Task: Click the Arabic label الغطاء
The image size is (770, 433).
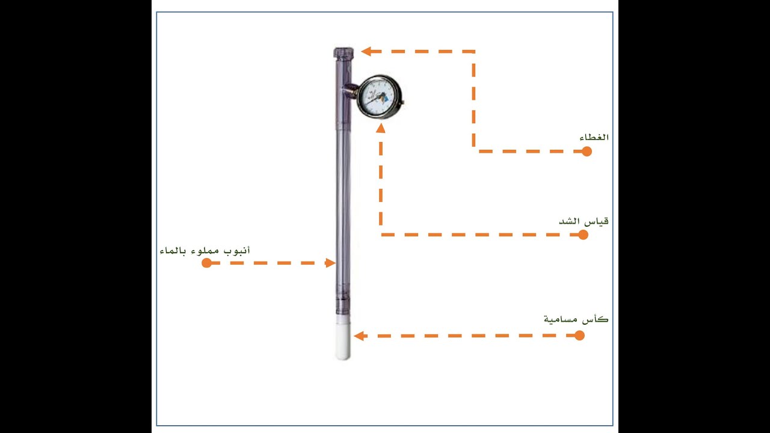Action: click(x=594, y=137)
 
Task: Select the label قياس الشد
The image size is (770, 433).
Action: click(x=584, y=221)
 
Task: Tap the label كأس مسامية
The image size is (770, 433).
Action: click(x=576, y=319)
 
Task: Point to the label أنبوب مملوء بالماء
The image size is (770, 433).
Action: click(x=205, y=251)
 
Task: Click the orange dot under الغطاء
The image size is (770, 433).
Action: click(x=587, y=151)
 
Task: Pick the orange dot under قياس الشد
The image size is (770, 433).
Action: click(x=583, y=235)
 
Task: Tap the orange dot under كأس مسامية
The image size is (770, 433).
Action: click(x=579, y=336)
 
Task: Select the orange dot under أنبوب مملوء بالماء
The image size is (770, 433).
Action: click(x=206, y=263)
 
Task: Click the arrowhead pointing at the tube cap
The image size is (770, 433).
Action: click(x=366, y=52)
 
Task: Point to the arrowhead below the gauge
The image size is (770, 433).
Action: click(x=381, y=128)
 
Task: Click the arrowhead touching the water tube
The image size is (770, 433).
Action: click(x=330, y=263)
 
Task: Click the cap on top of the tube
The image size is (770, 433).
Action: click(x=343, y=52)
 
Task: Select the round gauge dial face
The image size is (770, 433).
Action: click(x=378, y=97)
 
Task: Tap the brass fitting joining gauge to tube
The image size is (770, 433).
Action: click(x=350, y=91)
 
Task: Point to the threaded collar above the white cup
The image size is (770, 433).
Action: click(x=343, y=306)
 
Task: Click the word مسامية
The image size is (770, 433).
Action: click(x=560, y=319)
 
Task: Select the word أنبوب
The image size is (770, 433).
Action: click(x=237, y=251)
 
